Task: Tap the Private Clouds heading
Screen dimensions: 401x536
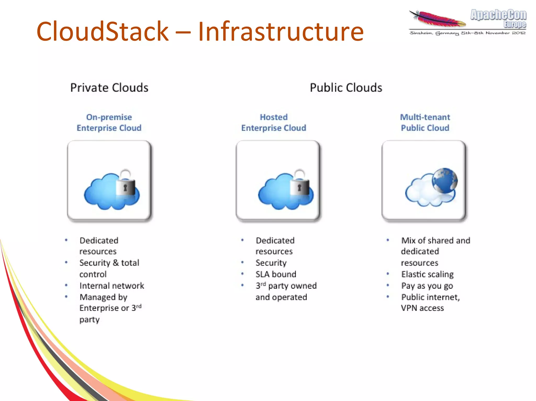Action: pyautogui.click(x=109, y=88)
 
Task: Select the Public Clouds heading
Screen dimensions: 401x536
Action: pyautogui.click(x=346, y=88)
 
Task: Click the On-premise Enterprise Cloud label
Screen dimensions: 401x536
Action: pyautogui.click(x=109, y=123)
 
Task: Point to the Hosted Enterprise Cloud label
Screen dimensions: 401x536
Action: pyautogui.click(x=273, y=123)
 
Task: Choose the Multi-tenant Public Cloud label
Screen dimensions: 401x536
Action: pyautogui.click(x=425, y=123)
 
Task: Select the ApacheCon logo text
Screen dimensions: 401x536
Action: pyautogui.click(x=498, y=15)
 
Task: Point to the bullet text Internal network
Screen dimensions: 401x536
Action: pyautogui.click(x=112, y=286)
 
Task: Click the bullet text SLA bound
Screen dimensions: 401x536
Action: pyautogui.click(x=276, y=274)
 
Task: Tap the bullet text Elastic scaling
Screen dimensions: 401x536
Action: pyautogui.click(x=427, y=274)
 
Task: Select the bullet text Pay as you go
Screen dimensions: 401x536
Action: pyautogui.click(x=427, y=286)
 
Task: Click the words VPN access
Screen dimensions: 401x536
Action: pyautogui.click(x=422, y=308)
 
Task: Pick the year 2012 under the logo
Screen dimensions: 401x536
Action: pyautogui.click(x=519, y=33)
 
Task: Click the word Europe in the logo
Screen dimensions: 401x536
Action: pyautogui.click(x=515, y=25)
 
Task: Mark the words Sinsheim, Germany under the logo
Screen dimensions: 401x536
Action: pyautogui.click(x=434, y=33)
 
